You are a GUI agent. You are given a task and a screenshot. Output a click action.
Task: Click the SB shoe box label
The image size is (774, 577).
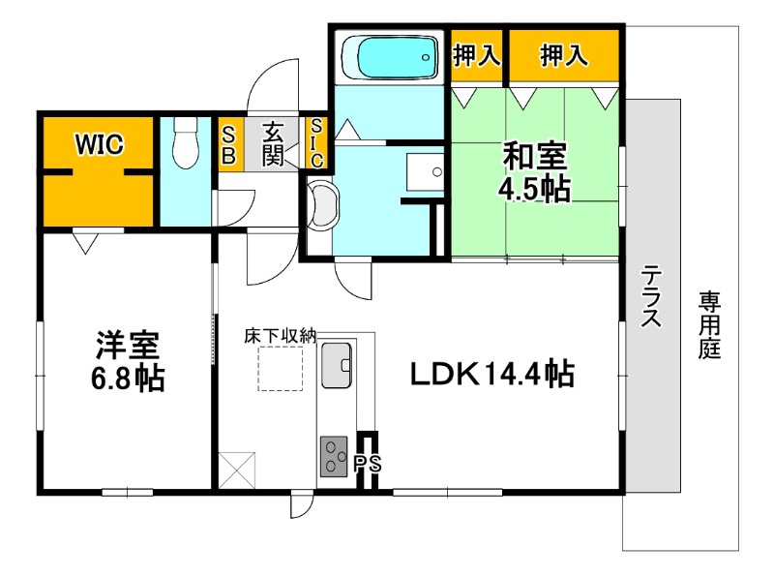point(230,143)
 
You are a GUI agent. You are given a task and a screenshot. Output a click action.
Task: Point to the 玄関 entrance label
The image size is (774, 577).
point(274,143)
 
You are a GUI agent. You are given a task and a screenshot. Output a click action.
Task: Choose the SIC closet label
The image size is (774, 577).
point(316,143)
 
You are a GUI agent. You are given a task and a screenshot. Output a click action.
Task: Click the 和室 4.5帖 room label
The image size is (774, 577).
point(532,172)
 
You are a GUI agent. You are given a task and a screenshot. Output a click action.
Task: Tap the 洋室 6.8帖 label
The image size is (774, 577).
point(128,360)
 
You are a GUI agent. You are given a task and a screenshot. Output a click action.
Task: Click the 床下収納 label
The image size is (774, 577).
point(280,336)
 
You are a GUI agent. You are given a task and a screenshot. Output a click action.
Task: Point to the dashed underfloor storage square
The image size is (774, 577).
point(280,368)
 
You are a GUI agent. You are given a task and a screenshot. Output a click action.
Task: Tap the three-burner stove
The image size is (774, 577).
point(336,455)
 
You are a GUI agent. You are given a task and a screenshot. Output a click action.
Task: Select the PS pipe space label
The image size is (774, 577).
point(368,464)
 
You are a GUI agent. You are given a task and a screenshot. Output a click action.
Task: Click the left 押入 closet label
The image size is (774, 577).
point(477,56)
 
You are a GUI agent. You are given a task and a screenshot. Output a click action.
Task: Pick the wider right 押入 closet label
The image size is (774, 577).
point(564,56)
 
